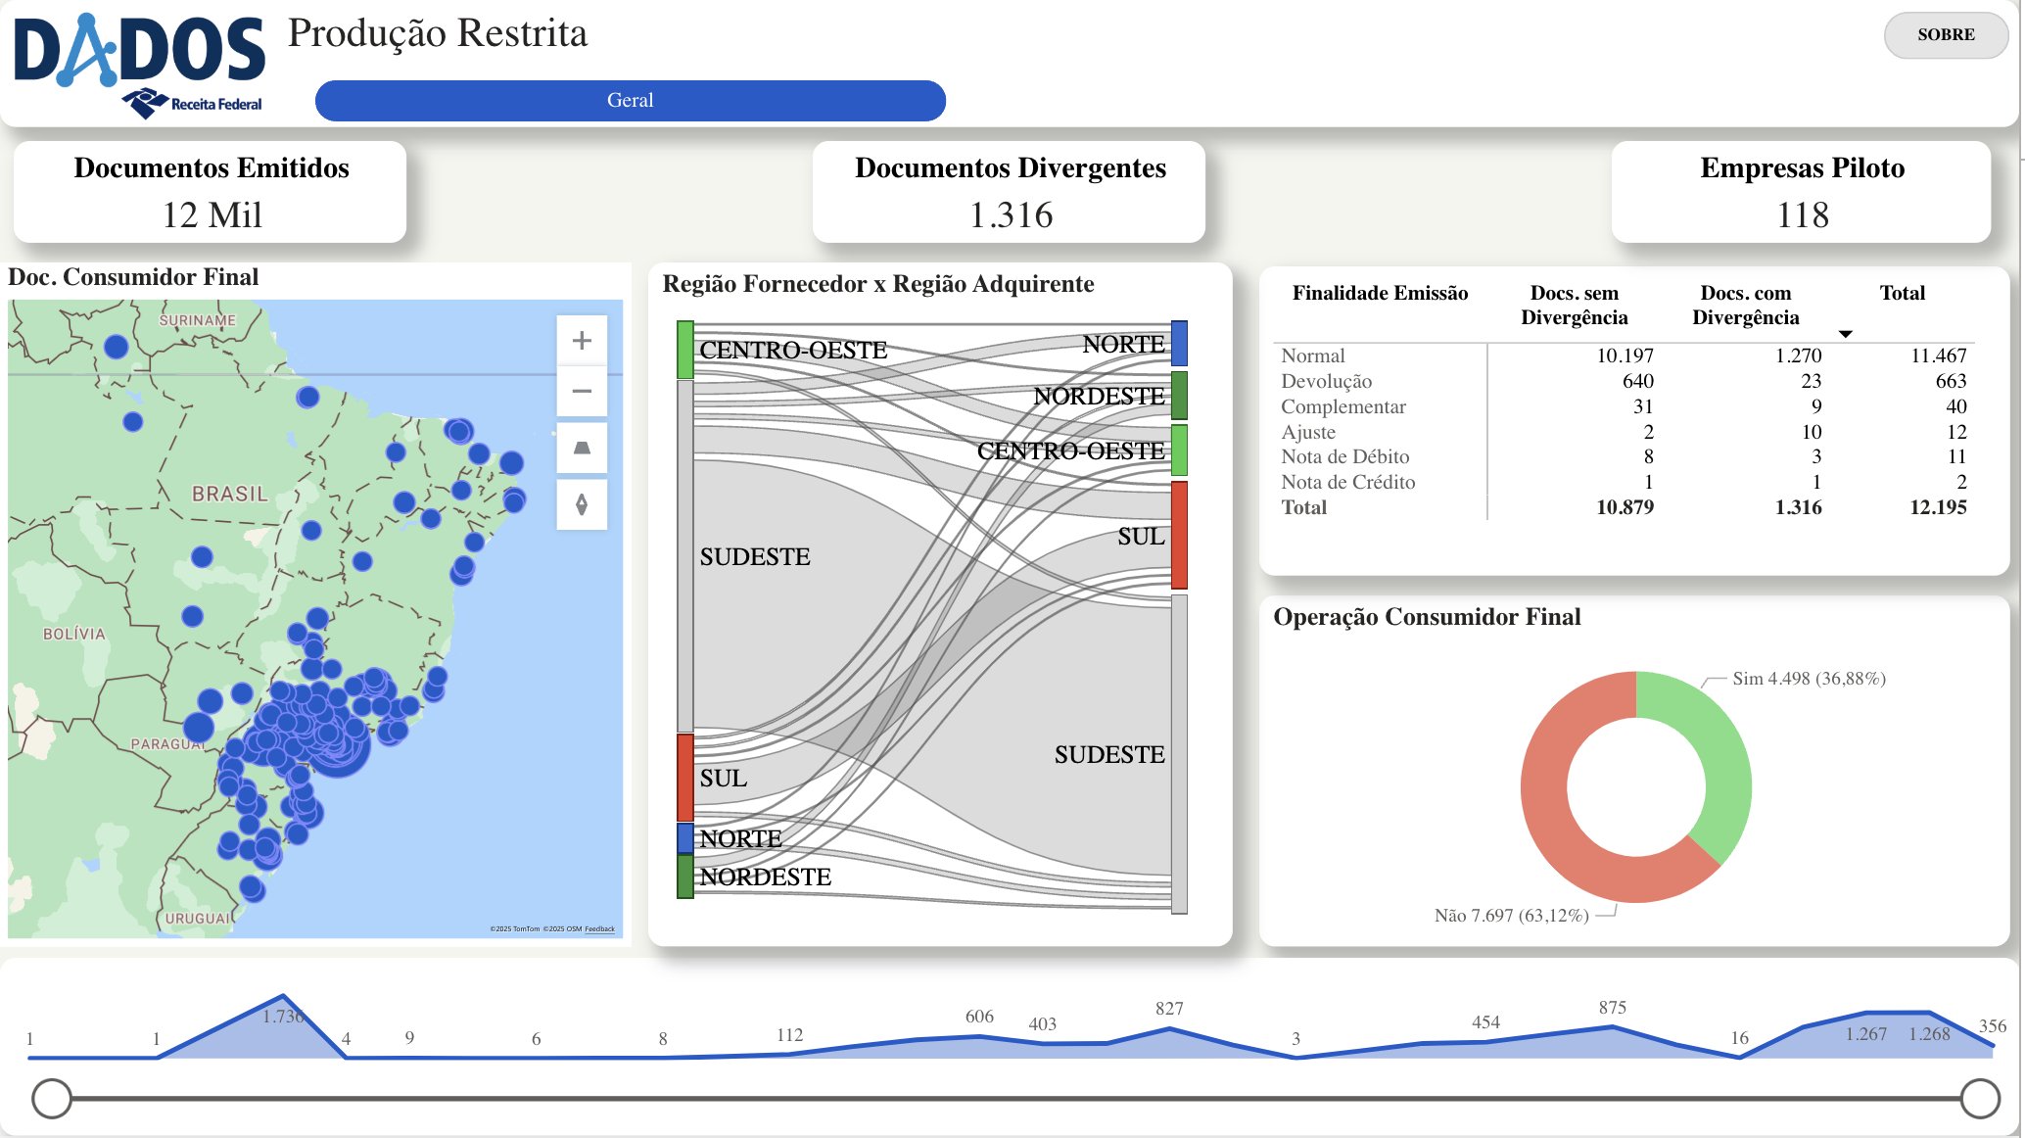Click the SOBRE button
tap(1945, 35)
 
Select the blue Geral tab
tap(630, 101)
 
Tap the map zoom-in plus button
tap(582, 341)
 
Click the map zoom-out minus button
tap(582, 392)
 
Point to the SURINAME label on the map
tap(198, 320)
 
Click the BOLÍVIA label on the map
tap(73, 634)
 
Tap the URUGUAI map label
tap(199, 919)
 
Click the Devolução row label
tap(1326, 381)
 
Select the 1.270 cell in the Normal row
tap(1798, 356)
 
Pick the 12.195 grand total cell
tap(1937, 507)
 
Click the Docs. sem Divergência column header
tap(1574, 305)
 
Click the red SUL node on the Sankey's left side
tap(685, 778)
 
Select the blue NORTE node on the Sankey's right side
tap(1179, 343)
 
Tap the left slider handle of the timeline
tap(52, 1099)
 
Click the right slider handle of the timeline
tap(1980, 1099)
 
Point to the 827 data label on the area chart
tap(1169, 1009)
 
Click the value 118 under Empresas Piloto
tap(1802, 215)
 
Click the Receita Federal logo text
tap(215, 104)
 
